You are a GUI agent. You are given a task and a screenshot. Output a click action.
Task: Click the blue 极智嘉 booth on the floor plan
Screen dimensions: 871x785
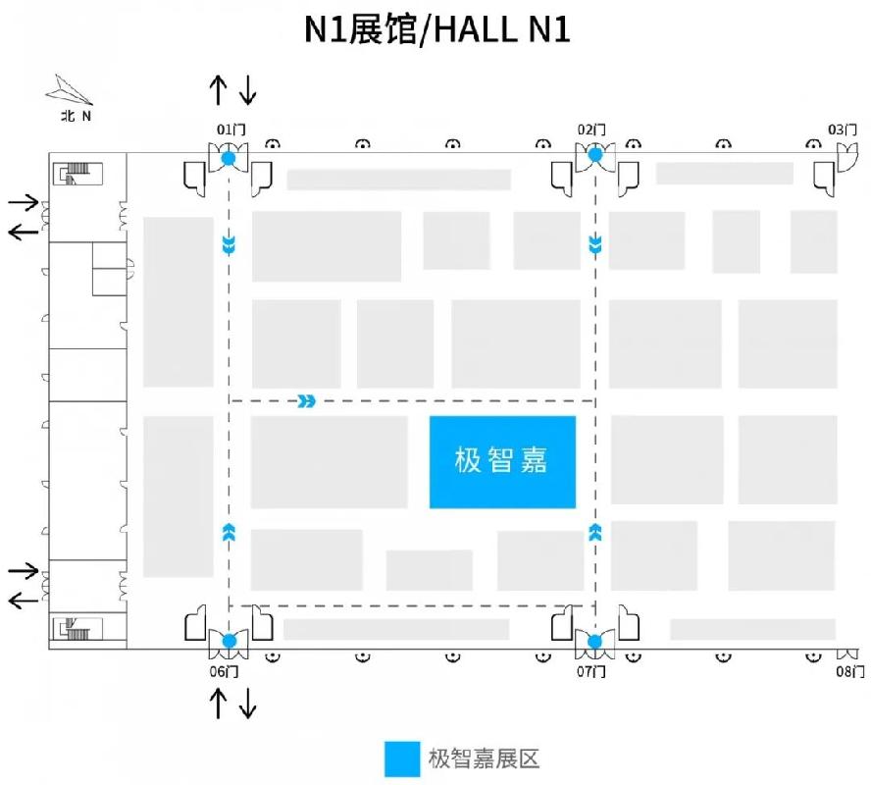coord(502,461)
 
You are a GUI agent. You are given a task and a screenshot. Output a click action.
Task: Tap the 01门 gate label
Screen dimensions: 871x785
coord(231,130)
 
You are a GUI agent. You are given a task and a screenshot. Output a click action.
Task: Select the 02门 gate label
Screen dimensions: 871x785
coord(591,130)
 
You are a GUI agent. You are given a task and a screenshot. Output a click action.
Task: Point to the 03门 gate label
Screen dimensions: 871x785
coord(843,130)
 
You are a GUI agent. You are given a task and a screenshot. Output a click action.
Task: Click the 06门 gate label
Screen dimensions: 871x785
coord(224,672)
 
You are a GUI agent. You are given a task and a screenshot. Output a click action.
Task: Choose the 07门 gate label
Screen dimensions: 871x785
coord(591,672)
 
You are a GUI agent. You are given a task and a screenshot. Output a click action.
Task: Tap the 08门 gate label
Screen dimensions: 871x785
coord(850,672)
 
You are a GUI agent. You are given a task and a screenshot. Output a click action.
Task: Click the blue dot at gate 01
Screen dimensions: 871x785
coord(229,158)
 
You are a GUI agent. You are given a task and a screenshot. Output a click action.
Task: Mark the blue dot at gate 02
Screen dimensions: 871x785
coord(595,154)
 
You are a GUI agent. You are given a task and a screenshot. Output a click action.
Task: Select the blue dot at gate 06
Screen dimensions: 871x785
coord(229,641)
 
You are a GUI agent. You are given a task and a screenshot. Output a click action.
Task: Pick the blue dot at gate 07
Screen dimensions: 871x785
coord(595,642)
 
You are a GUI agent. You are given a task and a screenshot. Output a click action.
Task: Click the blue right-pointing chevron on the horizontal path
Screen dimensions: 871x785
coord(307,400)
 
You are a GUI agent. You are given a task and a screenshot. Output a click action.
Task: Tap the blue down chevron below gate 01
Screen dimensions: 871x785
coord(229,244)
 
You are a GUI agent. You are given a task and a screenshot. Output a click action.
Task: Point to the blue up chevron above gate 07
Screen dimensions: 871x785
coord(595,532)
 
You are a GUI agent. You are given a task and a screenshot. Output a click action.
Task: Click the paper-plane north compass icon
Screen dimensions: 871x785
coord(69,90)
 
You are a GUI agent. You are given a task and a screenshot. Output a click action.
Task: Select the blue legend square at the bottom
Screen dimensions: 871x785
coord(402,759)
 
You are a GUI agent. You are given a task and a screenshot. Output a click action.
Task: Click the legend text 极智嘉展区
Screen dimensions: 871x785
coord(484,759)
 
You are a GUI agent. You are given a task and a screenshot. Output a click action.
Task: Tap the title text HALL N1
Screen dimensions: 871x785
coord(501,29)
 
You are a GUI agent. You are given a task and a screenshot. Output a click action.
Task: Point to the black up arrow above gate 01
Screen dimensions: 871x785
coord(219,90)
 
